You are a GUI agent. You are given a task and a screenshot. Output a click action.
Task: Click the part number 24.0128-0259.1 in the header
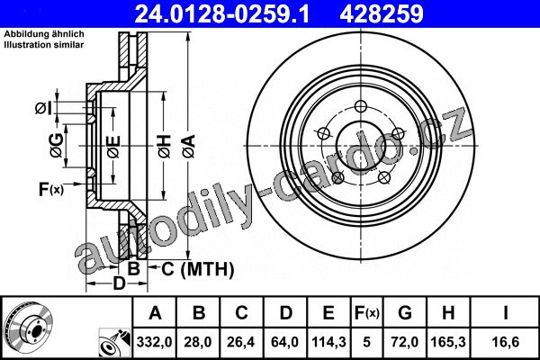tap(222, 13)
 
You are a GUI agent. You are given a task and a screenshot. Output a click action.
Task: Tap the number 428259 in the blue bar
tap(382, 13)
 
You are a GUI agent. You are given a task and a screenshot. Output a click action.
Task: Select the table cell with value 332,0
tap(154, 342)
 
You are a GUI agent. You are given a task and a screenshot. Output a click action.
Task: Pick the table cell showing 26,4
tap(240, 342)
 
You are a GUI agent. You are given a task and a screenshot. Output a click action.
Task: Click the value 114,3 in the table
tap(328, 342)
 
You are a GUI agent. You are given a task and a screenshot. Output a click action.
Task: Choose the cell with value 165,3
tap(448, 342)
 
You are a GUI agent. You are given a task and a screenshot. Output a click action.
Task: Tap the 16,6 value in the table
tap(505, 342)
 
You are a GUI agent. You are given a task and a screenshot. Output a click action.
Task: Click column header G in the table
tap(405, 313)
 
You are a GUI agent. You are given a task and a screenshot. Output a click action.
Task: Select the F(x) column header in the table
tap(367, 313)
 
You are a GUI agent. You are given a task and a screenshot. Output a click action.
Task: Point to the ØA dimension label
tap(189, 147)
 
